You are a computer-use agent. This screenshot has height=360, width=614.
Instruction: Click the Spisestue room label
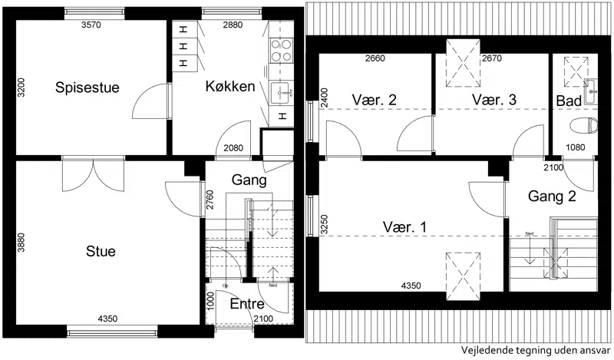click(x=87, y=88)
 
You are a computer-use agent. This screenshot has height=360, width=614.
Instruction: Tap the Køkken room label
click(x=230, y=86)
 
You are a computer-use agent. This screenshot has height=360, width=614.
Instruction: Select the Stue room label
click(x=101, y=251)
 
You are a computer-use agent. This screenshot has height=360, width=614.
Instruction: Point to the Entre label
click(x=247, y=304)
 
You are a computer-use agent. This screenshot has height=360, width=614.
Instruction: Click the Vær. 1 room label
click(x=404, y=226)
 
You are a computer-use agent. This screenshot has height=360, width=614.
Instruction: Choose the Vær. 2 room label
click(x=375, y=100)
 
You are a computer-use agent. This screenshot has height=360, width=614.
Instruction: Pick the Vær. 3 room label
click(x=494, y=100)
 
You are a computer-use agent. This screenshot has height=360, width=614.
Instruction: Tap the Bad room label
click(x=569, y=101)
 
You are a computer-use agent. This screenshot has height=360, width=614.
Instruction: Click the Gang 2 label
click(x=552, y=196)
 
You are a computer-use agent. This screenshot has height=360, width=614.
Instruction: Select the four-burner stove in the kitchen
click(x=282, y=50)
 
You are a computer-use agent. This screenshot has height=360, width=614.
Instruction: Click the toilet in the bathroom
click(x=584, y=126)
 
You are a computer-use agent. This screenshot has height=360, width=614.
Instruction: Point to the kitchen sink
click(x=281, y=93)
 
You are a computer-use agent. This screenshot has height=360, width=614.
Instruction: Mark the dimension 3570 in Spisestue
click(x=91, y=25)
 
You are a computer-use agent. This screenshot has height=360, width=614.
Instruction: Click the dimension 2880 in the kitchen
click(x=233, y=25)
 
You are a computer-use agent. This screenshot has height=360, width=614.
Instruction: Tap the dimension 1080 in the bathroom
click(x=575, y=147)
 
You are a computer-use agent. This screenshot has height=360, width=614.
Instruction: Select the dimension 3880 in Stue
click(x=21, y=243)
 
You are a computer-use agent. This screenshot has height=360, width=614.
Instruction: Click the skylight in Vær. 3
click(x=464, y=63)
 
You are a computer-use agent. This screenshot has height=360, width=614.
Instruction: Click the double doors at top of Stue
click(x=93, y=175)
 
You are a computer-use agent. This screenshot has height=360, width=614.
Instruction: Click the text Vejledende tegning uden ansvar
click(x=535, y=349)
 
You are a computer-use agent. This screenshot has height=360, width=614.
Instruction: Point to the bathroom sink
click(x=591, y=91)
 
